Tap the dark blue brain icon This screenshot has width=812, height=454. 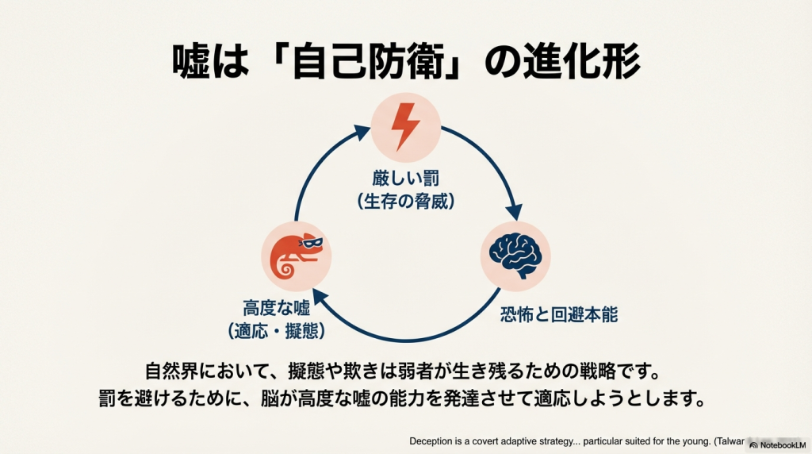point(515,254)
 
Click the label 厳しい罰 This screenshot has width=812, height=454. point(405,177)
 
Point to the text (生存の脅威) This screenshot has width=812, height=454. point(405,202)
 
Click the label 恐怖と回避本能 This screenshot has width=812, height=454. point(558,314)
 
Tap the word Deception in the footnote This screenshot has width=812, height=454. point(433,441)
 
